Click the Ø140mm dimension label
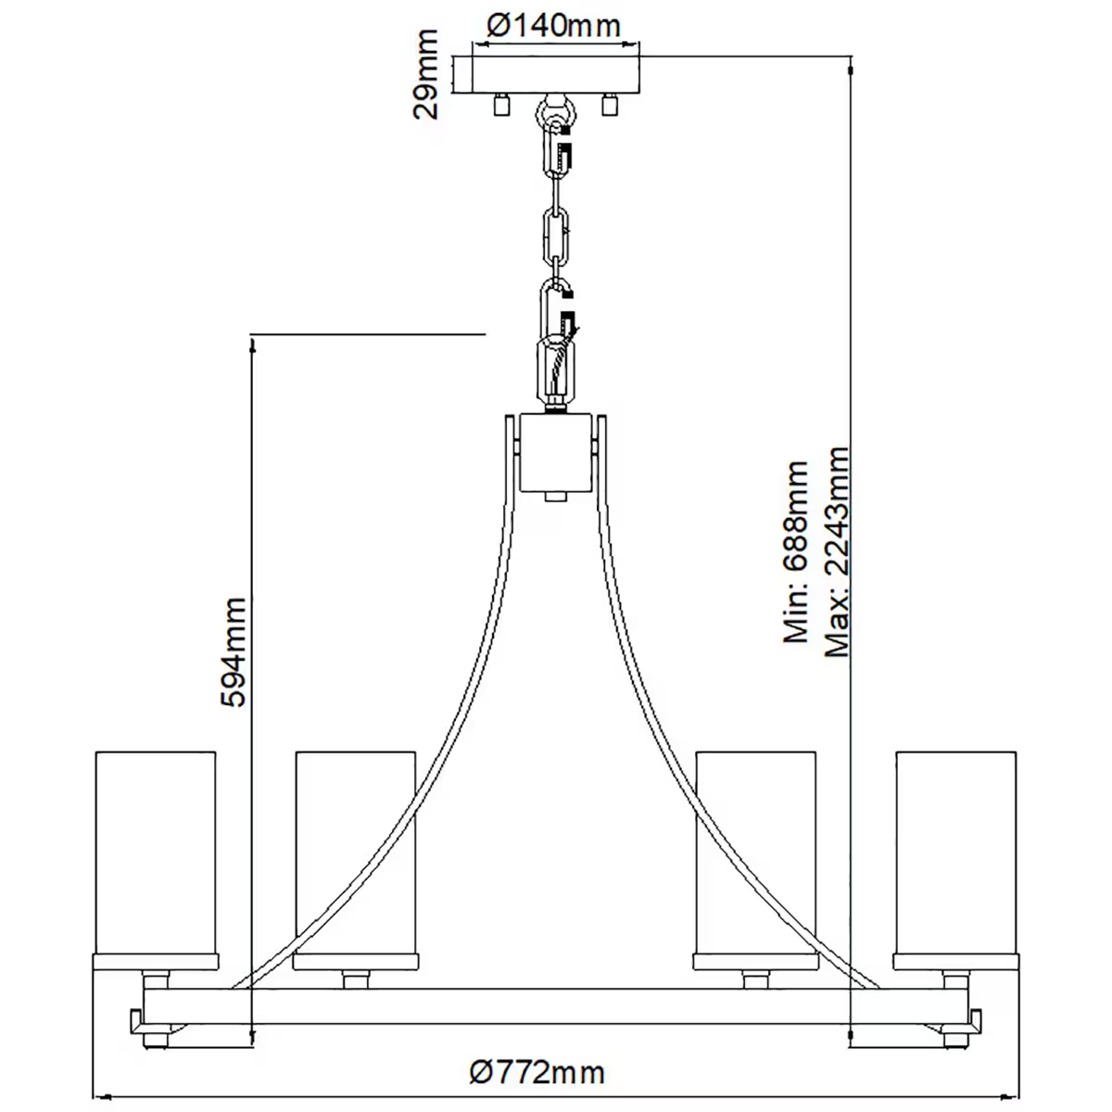[x=554, y=25]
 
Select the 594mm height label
[x=234, y=652]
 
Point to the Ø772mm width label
[x=537, y=1073]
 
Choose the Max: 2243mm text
[x=837, y=552]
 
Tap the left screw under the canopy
[x=502, y=106]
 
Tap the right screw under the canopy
[x=609, y=106]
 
